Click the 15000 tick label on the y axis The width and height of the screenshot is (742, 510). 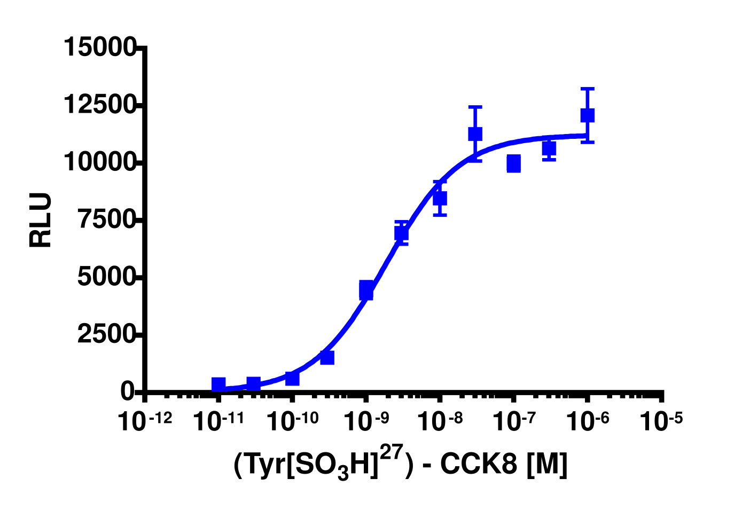(x=99, y=47)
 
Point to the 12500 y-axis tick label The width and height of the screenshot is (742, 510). (x=99, y=105)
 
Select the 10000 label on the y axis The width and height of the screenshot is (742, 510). (x=99, y=162)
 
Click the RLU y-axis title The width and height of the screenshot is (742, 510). (x=41, y=220)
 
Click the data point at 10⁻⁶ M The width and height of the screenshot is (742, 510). (x=588, y=115)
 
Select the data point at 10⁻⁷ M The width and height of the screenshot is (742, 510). (x=514, y=163)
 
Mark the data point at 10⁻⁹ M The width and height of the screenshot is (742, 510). (x=366, y=290)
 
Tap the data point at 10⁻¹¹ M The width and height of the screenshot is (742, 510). (x=218, y=384)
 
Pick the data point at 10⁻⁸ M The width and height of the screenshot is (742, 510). (x=440, y=199)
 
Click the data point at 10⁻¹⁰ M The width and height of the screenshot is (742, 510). (x=292, y=378)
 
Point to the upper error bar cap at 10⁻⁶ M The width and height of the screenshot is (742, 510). (x=588, y=89)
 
